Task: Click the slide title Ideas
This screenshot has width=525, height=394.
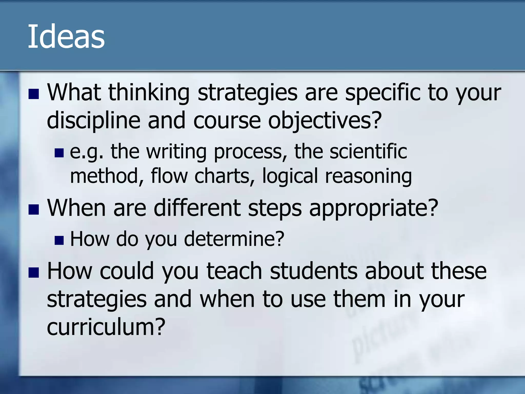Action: tap(66, 36)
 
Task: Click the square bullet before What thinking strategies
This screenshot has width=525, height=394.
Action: tap(34, 94)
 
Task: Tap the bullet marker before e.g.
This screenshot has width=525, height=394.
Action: tap(59, 153)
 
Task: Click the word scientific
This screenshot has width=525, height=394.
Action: tap(368, 151)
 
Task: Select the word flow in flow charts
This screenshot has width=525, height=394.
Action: tap(169, 176)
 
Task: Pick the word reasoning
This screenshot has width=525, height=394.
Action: tap(368, 176)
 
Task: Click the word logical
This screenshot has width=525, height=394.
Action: tap(290, 176)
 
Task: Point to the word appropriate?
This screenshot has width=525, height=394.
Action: tap(373, 208)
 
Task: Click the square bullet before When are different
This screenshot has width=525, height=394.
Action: tap(34, 210)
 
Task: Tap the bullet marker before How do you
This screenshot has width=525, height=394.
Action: tap(59, 241)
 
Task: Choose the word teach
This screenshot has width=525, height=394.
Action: tap(234, 271)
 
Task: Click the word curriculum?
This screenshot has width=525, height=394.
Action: tap(106, 327)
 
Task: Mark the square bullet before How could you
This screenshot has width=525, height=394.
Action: tap(34, 273)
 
